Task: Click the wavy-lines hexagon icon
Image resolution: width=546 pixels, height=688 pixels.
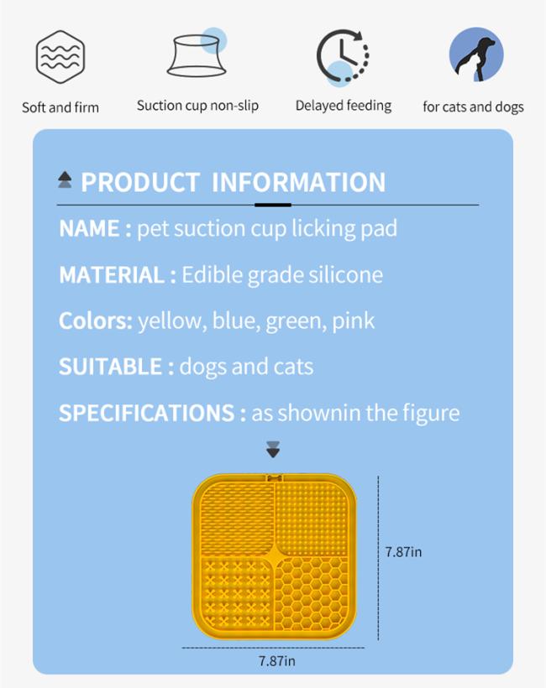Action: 60,57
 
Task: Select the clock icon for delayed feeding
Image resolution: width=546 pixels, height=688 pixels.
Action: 343,57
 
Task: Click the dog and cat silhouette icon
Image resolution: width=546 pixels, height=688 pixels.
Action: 476,55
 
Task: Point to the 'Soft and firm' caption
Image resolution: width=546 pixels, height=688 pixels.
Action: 60,107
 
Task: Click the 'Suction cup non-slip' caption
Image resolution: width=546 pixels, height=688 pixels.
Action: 197,106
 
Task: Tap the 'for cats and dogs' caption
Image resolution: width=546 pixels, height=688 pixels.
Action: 473,107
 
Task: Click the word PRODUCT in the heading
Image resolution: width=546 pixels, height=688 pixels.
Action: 140,182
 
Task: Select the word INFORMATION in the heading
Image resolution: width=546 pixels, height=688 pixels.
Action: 299,182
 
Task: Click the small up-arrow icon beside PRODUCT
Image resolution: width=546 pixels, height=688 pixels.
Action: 65,180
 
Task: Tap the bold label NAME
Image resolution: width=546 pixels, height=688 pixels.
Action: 89,228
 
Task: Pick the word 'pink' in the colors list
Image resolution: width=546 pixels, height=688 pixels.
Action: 353,321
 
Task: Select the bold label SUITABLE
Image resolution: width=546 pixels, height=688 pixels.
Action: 111,367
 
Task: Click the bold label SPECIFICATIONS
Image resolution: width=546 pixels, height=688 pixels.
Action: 147,413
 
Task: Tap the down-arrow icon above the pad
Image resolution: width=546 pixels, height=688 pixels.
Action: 273,450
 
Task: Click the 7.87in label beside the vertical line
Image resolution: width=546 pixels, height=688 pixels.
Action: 403,551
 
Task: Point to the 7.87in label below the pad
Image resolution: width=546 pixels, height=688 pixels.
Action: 276,661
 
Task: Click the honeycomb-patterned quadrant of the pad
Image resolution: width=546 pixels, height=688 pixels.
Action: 312,592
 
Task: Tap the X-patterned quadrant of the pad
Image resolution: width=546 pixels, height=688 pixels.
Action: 237,592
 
